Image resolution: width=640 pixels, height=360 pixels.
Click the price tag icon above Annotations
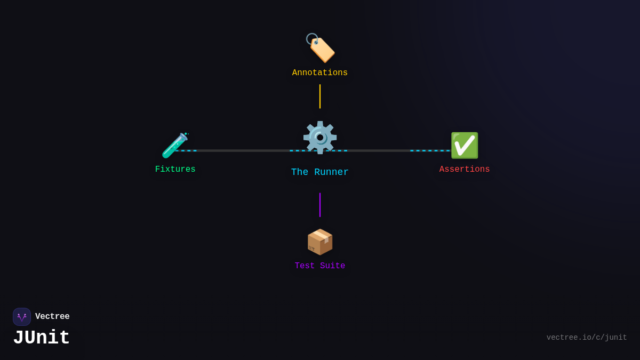point(320,47)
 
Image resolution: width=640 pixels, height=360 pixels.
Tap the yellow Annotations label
point(319,73)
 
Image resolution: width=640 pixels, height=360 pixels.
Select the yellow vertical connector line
point(319,97)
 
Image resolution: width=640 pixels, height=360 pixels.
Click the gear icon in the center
point(320,138)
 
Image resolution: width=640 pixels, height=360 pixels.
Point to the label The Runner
point(319,172)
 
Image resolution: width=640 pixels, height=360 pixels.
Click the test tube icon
point(175,145)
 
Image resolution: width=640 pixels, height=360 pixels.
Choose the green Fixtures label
point(175,169)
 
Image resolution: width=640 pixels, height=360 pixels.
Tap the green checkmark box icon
point(465,146)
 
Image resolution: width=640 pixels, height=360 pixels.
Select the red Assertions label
point(465,169)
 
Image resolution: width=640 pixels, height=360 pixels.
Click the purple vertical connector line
point(319,205)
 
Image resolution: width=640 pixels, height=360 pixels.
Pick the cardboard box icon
point(320,242)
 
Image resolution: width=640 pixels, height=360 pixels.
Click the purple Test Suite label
point(319,266)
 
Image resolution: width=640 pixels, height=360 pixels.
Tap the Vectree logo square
point(22,317)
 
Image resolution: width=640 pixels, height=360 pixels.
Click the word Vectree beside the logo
point(52,316)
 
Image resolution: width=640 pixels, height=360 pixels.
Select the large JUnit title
point(42,338)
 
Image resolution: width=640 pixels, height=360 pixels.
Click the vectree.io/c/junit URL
point(587,338)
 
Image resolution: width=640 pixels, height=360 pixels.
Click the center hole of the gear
point(320,138)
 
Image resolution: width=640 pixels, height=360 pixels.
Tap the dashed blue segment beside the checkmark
point(430,150)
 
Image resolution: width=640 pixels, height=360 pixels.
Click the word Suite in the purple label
point(333,266)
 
